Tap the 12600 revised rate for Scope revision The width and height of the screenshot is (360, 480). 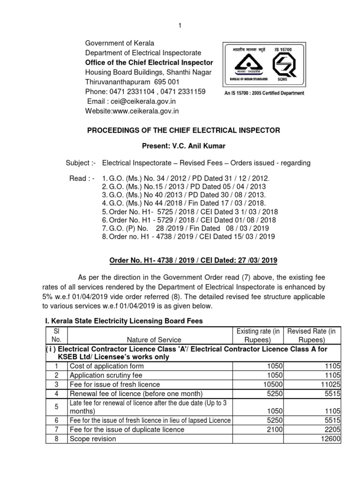click(330, 439)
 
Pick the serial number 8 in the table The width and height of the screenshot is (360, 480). click(56, 439)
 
